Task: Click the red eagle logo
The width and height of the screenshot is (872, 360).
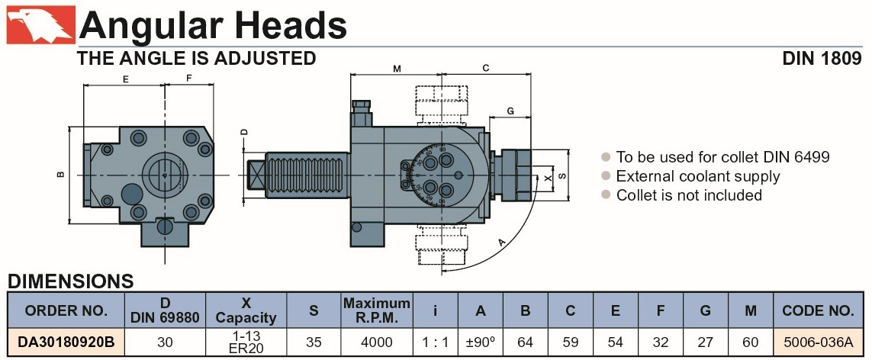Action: [x=40, y=24]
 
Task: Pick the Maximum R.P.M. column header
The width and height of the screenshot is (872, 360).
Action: [x=377, y=310]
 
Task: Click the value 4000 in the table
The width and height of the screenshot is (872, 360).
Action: [x=377, y=342]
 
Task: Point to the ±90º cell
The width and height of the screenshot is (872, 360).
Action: [x=480, y=342]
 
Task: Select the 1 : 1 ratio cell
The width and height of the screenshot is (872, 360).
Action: [x=434, y=342]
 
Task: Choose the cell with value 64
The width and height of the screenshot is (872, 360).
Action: [x=525, y=342]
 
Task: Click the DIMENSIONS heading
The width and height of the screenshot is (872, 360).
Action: [x=70, y=281]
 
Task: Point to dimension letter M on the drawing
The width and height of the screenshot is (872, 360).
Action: [x=397, y=69]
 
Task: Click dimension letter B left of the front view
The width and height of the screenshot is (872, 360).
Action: [x=60, y=175]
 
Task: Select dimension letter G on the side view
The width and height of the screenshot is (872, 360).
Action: [x=510, y=111]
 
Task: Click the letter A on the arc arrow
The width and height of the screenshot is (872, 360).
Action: [x=501, y=243]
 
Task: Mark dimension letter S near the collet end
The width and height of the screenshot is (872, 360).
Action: [x=563, y=175]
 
